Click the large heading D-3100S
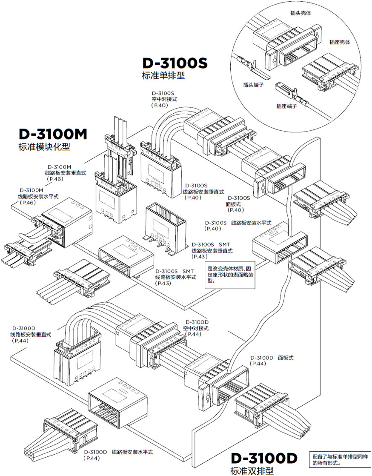tap(175, 63)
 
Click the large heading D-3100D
tap(263, 458)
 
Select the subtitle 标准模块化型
tap(44, 147)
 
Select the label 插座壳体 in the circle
tap(340, 43)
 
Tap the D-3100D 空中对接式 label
tap(197, 328)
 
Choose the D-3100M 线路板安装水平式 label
tap(37, 196)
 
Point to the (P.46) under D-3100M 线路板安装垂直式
tap(56, 179)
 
